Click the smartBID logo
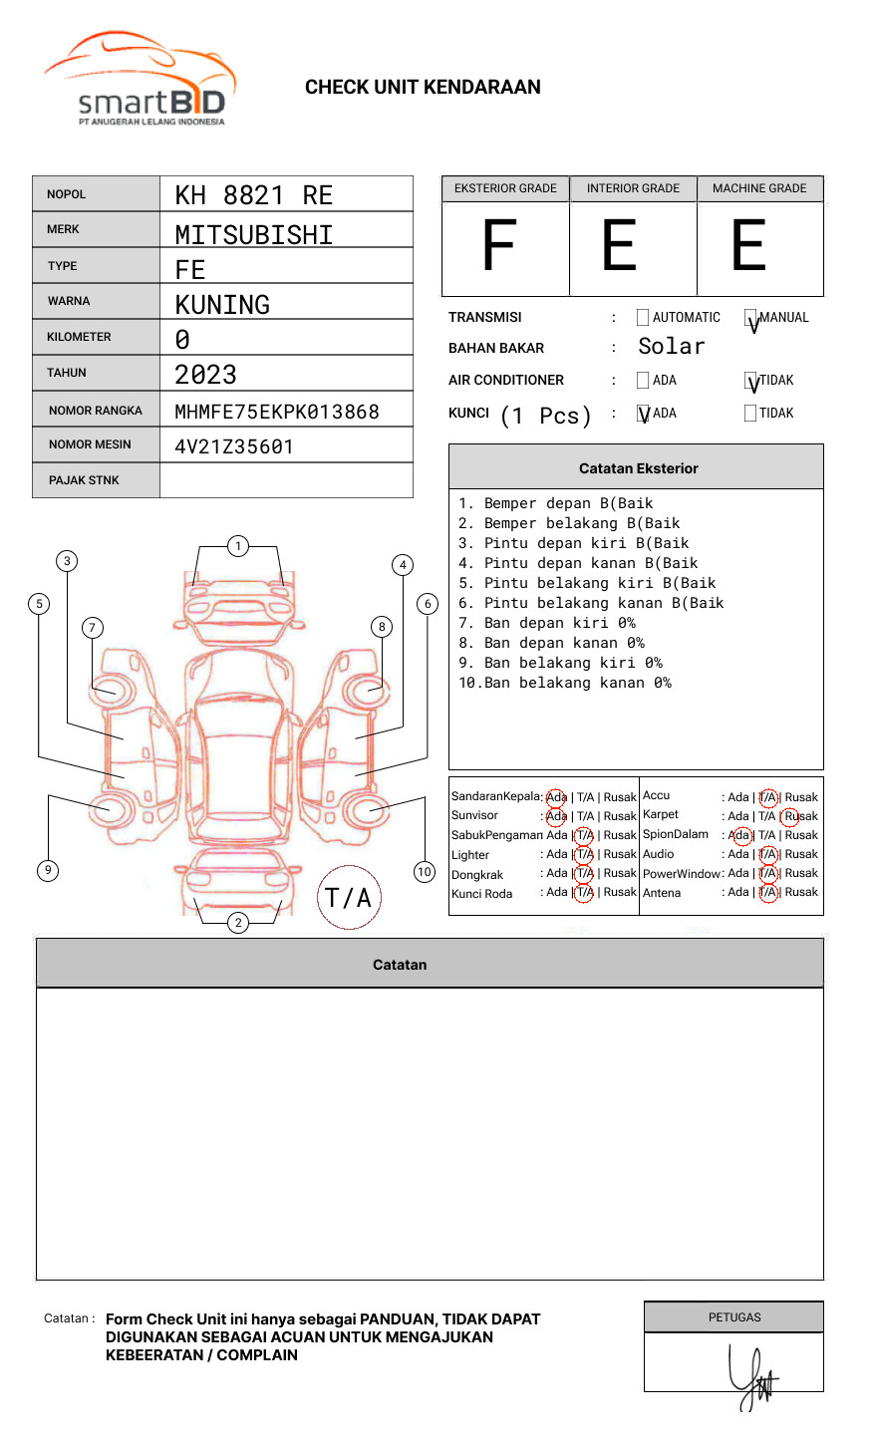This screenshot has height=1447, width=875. coord(140,80)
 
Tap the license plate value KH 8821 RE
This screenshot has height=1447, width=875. coord(253,195)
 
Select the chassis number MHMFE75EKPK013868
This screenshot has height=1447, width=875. coord(277,412)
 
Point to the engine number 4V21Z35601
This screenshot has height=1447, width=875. coord(234,446)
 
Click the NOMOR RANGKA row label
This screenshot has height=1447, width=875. coord(96,411)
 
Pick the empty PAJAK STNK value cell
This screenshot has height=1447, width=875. coord(286,480)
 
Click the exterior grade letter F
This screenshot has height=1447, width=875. coord(499,247)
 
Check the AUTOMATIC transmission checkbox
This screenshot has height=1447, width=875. coord(643,318)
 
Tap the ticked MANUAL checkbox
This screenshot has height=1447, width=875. coord(750,318)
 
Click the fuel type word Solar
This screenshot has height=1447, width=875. coord(671,347)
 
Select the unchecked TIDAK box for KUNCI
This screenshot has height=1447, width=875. coord(750,414)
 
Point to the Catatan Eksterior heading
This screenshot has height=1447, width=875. coord(638,468)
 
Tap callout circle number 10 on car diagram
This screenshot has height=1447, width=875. coord(425,872)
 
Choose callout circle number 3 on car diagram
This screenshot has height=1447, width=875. coord(67,561)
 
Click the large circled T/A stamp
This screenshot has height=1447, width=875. coord(349,898)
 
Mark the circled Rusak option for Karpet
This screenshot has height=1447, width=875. coord(799,816)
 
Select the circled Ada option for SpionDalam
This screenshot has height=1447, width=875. coord(739,835)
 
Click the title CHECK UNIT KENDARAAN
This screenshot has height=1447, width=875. coord(423,88)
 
